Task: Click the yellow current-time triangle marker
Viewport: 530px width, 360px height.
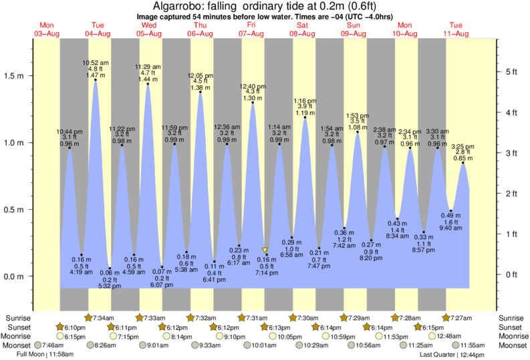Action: pyautogui.click(x=265, y=250)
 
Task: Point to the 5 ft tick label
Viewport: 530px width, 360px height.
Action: pyautogui.click(x=511, y=71)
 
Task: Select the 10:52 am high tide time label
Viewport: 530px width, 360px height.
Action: pyautogui.click(x=96, y=62)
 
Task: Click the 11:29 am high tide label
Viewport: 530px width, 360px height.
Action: pyautogui.click(x=147, y=67)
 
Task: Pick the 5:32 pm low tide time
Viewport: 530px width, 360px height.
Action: pyautogui.click(x=110, y=286)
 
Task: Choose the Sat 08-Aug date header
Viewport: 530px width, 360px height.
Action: pyautogui.click(x=302, y=29)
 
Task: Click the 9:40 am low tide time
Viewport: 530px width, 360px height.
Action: pyautogui.click(x=452, y=228)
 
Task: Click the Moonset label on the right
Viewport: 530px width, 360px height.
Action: pyautogui.click(x=513, y=345)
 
